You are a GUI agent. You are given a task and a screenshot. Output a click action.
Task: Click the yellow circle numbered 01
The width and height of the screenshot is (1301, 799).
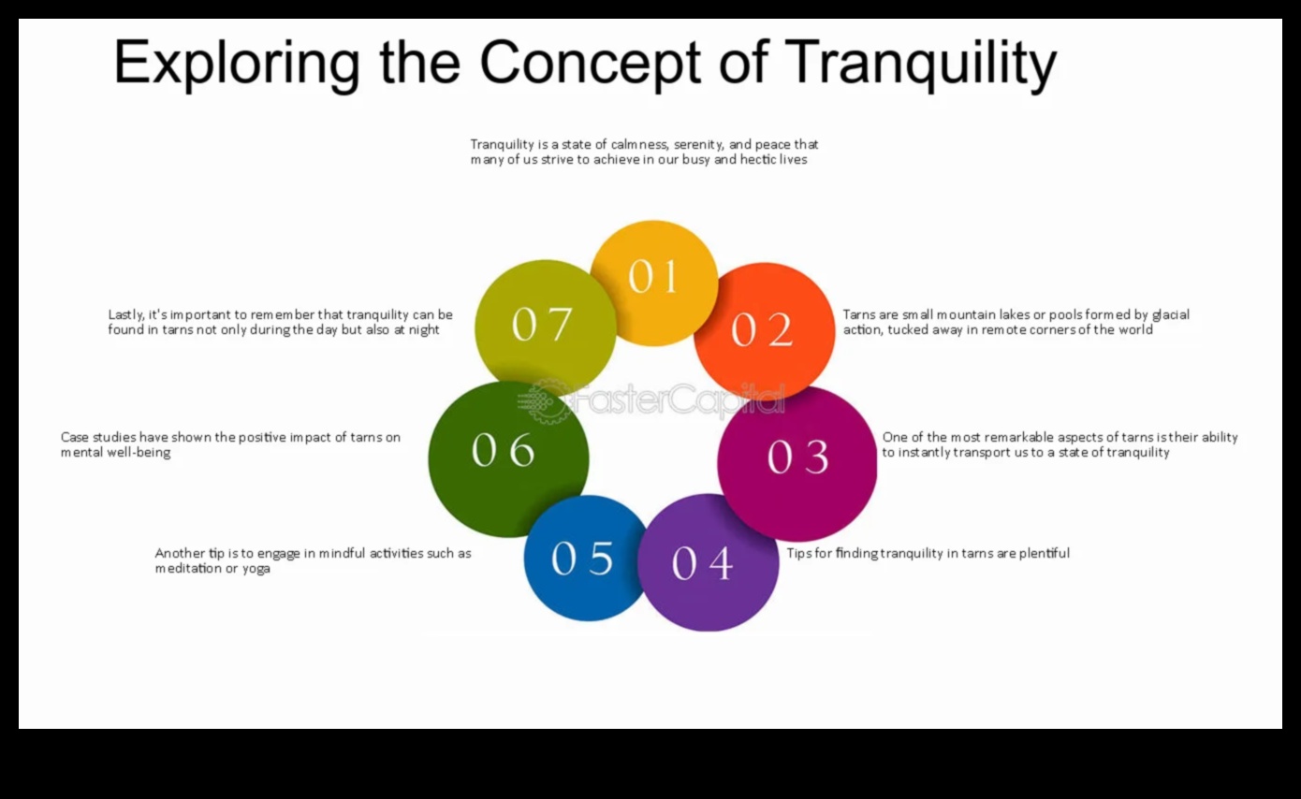653,281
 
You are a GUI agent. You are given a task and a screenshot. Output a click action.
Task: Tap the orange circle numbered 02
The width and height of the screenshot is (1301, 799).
764,330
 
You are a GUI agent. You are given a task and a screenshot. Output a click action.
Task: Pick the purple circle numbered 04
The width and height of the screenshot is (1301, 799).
708,563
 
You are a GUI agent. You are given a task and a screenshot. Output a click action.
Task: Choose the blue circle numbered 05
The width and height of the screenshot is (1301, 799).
583,559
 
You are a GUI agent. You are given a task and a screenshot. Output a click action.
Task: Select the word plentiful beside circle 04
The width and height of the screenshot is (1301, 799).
1045,553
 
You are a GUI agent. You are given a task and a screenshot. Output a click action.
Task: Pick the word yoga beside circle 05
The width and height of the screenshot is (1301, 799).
256,569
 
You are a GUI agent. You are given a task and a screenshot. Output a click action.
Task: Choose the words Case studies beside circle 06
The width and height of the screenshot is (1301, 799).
98,437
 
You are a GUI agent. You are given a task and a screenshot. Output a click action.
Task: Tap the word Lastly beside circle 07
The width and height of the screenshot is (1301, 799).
126,315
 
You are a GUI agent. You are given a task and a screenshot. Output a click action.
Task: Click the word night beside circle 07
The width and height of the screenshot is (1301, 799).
424,330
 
